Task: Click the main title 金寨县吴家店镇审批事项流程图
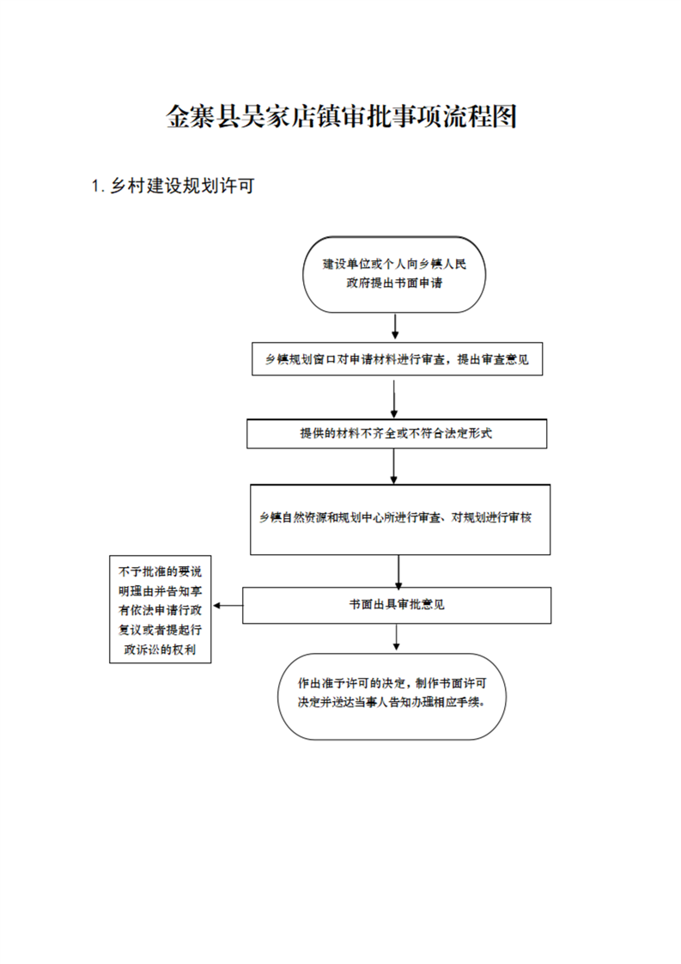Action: tap(341, 116)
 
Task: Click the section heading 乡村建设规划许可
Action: tap(182, 186)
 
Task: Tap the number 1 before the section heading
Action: tap(95, 186)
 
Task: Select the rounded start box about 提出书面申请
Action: tap(394, 274)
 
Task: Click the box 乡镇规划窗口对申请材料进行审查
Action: tap(397, 359)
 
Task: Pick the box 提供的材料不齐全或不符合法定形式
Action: tap(397, 433)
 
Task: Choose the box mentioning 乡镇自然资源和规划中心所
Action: tap(400, 520)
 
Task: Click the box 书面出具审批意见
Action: tap(397, 605)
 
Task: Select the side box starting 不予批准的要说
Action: tap(161, 609)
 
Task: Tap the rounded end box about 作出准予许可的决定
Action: tap(392, 696)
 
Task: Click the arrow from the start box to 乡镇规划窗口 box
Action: tap(394, 326)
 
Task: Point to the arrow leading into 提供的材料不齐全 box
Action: tap(394, 399)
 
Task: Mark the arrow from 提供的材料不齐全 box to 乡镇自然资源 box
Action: tap(394, 466)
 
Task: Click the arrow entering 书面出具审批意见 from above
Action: tap(398, 571)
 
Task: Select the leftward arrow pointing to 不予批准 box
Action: tap(228, 606)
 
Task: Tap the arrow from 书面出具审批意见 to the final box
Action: tap(397, 638)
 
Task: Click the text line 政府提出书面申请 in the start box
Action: tap(394, 283)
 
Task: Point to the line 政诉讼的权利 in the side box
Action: tap(160, 650)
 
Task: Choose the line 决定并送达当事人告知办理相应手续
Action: tap(391, 702)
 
